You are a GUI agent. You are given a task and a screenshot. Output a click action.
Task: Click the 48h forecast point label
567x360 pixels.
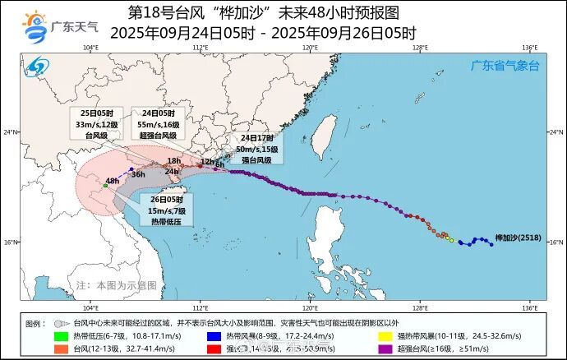[x=113, y=180]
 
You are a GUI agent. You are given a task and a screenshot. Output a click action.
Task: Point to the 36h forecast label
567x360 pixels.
[x=139, y=174]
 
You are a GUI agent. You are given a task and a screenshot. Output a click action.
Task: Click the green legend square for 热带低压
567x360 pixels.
[x=61, y=335]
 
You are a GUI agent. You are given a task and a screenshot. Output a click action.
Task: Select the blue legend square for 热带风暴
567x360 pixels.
[x=214, y=335]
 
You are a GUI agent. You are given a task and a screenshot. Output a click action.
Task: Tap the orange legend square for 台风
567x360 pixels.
[x=61, y=348]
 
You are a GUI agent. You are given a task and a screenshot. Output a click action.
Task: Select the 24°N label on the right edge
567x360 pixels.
[x=555, y=132]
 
